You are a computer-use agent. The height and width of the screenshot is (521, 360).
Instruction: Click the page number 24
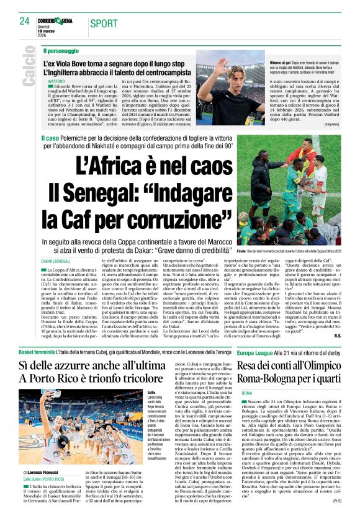click(x=25, y=21)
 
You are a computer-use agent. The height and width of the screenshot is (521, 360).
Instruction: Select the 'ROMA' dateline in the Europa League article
click(x=247, y=394)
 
